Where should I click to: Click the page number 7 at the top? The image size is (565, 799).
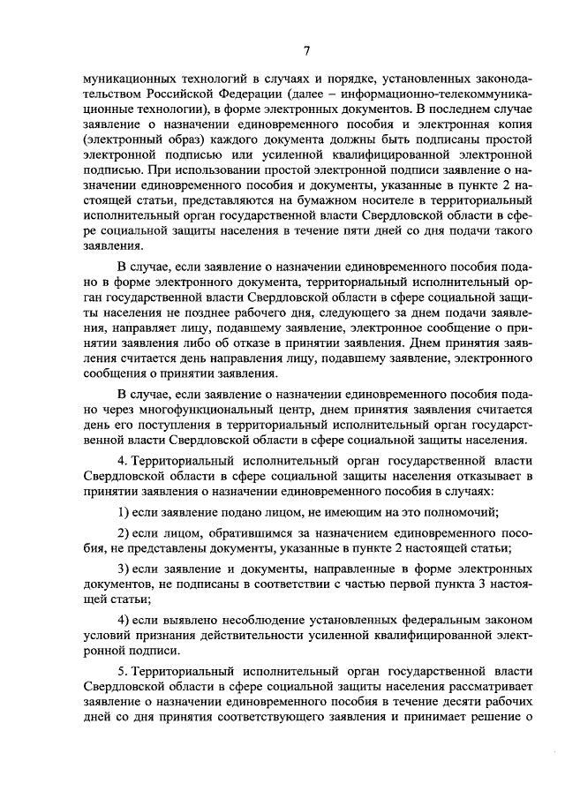(x=306, y=49)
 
